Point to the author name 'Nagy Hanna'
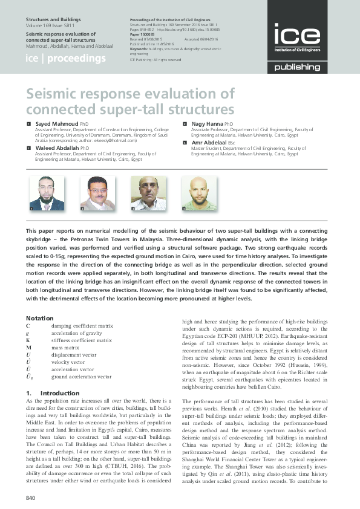coord(208,123)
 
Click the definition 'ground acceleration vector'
coord(81,376)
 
